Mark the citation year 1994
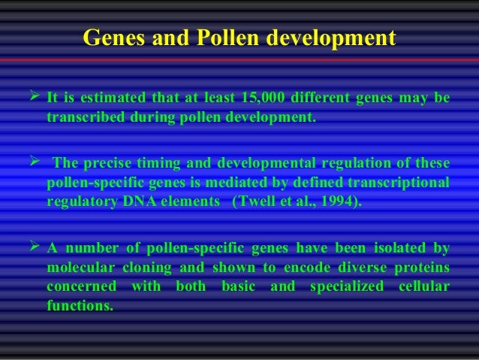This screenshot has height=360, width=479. coord(337,201)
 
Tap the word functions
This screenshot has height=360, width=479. coord(78,305)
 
